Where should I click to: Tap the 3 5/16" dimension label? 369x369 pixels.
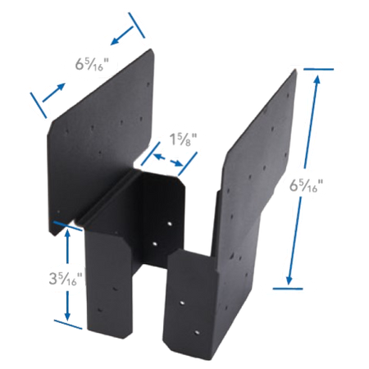[66, 279]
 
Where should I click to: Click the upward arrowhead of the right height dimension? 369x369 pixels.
[317, 79]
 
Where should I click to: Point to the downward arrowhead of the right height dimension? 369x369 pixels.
[289, 280]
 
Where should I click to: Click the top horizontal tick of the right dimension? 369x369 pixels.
[318, 69]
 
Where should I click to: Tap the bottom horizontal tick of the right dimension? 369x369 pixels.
[288, 288]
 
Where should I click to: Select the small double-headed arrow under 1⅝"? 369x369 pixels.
[168, 161]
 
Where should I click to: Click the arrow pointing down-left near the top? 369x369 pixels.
[122, 35]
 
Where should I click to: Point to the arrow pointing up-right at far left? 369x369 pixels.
[54, 93]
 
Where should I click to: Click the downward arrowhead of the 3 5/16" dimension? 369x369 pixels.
[67, 316]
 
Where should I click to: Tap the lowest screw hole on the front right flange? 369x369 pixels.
[197, 333]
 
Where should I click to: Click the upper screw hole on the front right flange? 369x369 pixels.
[182, 303]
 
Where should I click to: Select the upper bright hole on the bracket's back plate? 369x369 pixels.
[170, 224]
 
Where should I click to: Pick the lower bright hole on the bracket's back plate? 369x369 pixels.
[155, 244]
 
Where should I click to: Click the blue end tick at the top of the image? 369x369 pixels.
[137, 25]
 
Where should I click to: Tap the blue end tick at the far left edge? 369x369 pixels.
[39, 105]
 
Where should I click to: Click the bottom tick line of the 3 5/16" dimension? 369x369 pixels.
[68, 324]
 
